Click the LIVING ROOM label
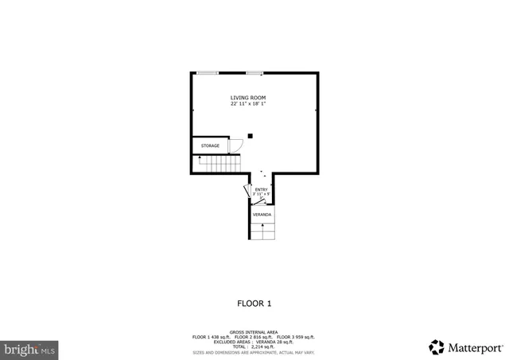(x=248, y=98)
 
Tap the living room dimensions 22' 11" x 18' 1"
(x=248, y=104)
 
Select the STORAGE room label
(x=210, y=146)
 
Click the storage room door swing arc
(x=235, y=145)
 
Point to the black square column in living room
(x=250, y=136)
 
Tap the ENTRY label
(x=261, y=189)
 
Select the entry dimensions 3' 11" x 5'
(x=261, y=194)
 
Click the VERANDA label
(x=262, y=215)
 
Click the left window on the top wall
(x=208, y=73)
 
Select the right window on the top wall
(x=254, y=73)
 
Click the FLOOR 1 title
(x=254, y=304)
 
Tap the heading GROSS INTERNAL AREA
(x=254, y=332)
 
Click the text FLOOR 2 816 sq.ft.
(x=254, y=337)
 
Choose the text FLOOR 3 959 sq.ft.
(x=296, y=337)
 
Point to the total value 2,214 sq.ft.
(x=267, y=346)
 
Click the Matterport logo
(x=466, y=347)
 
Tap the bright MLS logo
(x=30, y=348)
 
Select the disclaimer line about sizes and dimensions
(x=254, y=351)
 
